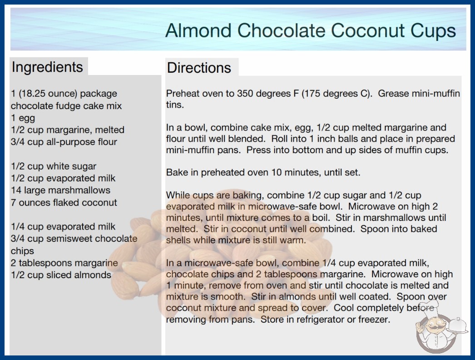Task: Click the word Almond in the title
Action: tap(198, 30)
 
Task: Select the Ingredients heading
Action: tap(47, 67)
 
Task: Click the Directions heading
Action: tap(199, 68)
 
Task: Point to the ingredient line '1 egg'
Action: tap(23, 118)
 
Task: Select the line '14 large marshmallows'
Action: tap(60, 190)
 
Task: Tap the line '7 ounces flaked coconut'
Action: tap(64, 202)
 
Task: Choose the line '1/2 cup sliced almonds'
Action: tap(61, 275)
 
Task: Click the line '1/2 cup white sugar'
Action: tap(54, 166)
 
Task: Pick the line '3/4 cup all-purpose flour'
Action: tap(64, 142)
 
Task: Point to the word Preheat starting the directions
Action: tap(183, 94)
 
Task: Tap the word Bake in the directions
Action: tap(177, 173)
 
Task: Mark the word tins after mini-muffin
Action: tap(175, 105)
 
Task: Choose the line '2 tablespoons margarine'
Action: tap(64, 263)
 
